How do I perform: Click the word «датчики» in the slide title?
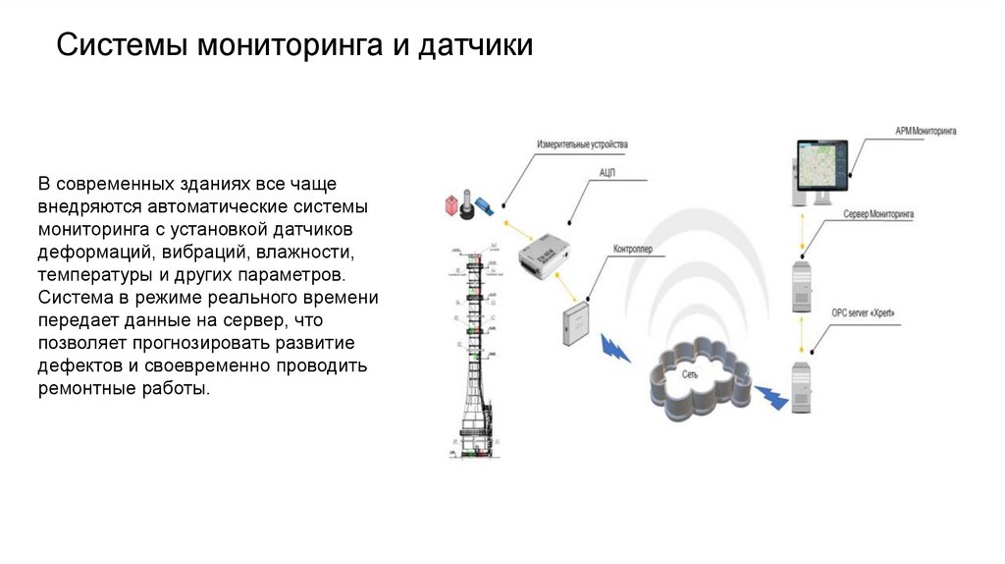point(477,46)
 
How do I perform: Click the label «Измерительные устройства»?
point(582,145)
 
